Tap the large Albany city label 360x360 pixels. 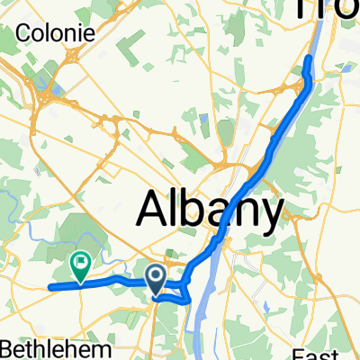210,210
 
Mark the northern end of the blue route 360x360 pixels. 309,58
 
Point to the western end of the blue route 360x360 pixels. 49,288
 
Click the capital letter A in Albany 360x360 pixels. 154,211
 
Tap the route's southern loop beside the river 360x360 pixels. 184,297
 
